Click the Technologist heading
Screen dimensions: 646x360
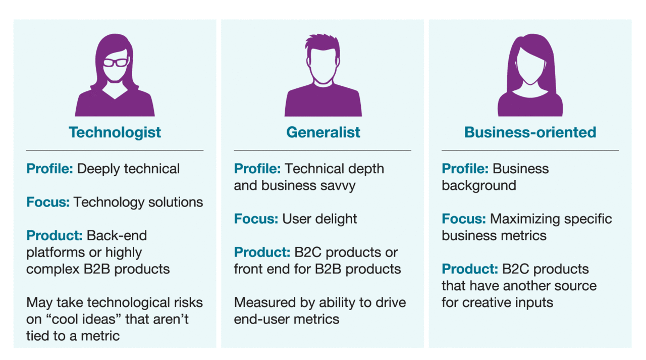tap(115, 132)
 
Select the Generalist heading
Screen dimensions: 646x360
tap(323, 132)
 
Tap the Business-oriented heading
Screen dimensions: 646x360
tap(530, 132)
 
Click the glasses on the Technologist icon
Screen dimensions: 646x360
tap(116, 63)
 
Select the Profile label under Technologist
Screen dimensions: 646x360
tap(49, 169)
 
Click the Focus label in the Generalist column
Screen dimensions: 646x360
tap(256, 219)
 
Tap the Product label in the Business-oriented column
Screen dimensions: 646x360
tap(470, 269)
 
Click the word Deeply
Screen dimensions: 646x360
tap(98, 169)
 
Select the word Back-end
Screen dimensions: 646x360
tap(117, 236)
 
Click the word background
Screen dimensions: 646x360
tap(479, 186)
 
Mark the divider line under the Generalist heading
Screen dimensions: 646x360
tap(322, 150)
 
